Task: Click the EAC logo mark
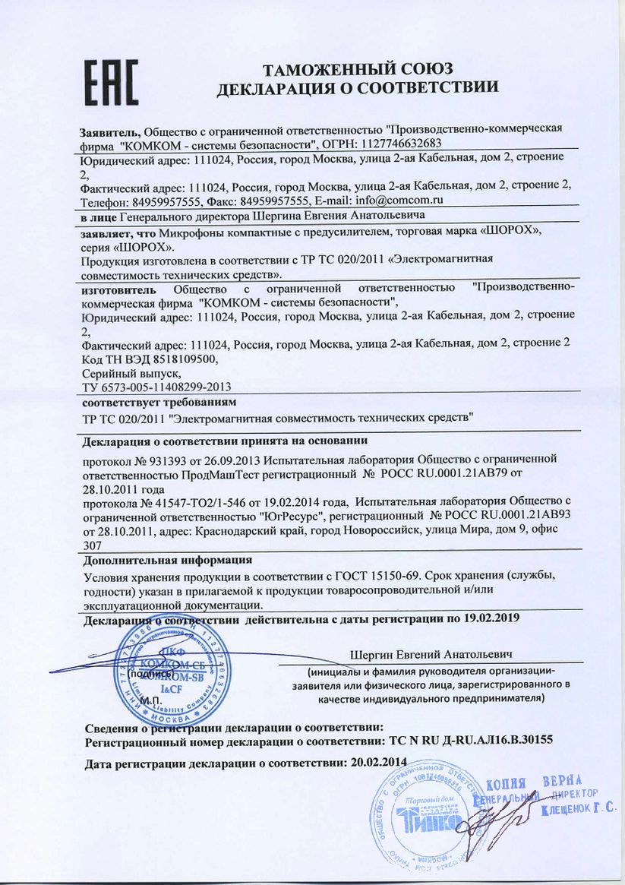(109, 83)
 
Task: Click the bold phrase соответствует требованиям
(159, 400)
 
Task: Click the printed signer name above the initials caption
(432, 654)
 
